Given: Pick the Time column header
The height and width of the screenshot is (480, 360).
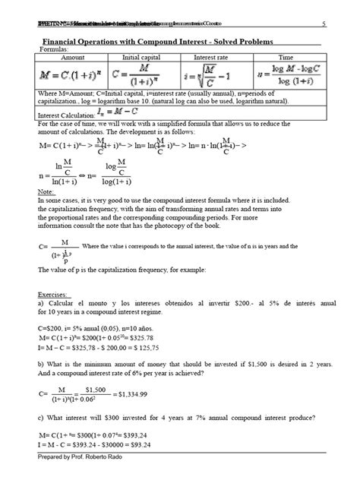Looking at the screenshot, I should tap(286, 58).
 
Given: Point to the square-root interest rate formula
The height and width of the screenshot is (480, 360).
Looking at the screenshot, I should tap(214, 76).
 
